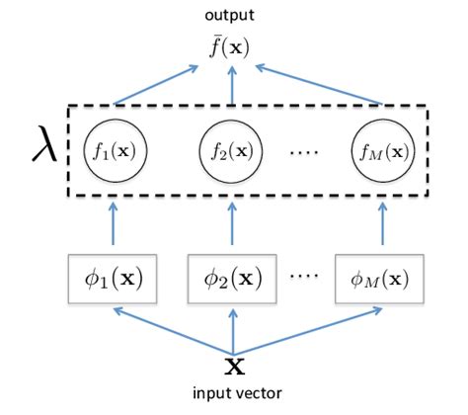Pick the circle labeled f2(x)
click(232, 154)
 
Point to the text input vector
click(234, 394)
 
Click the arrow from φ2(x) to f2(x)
click(232, 226)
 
